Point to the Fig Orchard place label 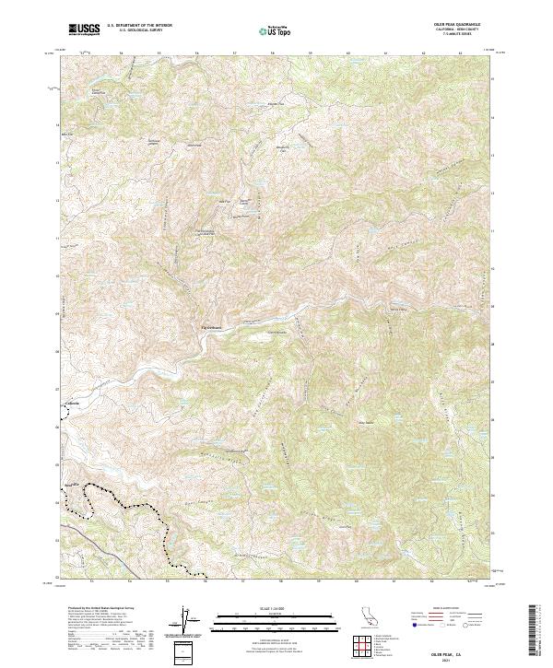click(212, 324)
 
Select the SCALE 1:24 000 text click(276, 608)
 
